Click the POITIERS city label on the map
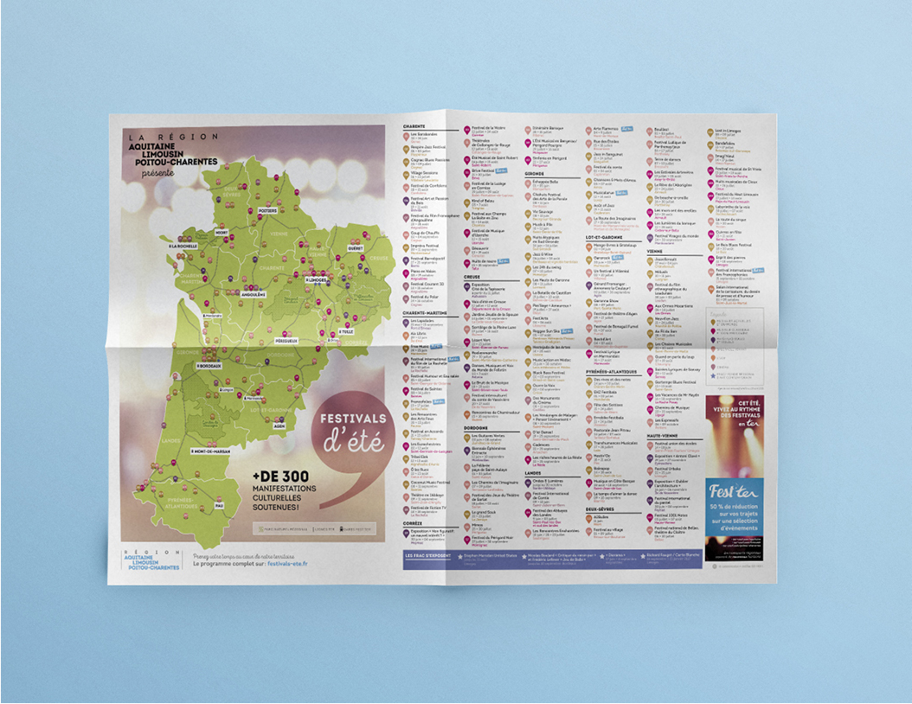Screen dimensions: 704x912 [x=267, y=210]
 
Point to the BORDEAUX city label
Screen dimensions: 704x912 [x=210, y=366]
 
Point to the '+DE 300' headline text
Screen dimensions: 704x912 [x=278, y=475]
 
